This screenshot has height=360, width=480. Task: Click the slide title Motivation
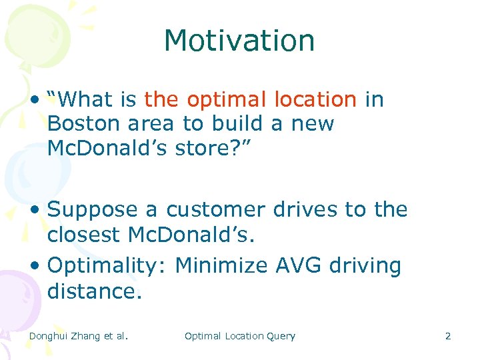coord(239,41)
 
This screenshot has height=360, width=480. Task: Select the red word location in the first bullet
coord(315,100)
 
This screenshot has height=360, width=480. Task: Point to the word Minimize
coord(223,266)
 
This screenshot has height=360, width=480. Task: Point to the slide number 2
coord(448,336)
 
